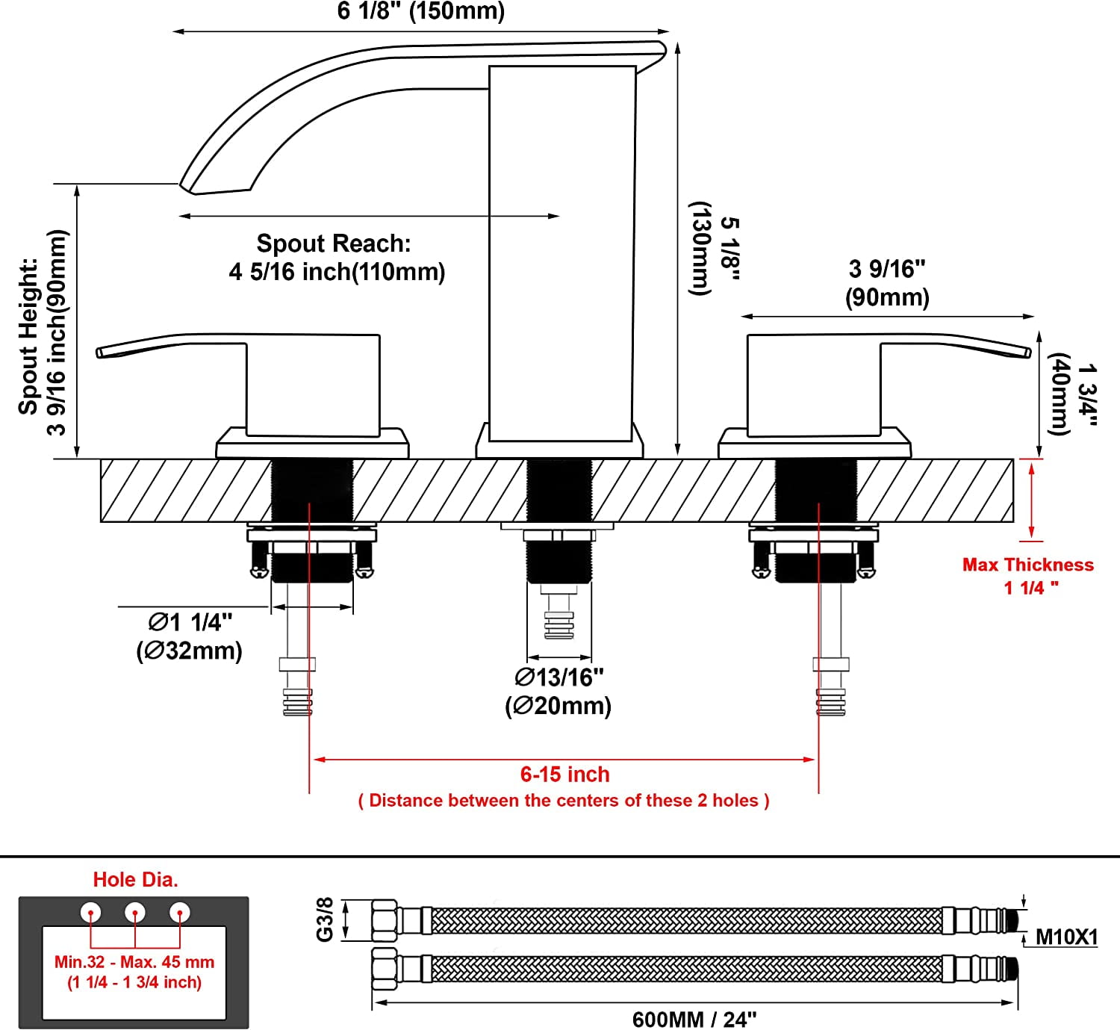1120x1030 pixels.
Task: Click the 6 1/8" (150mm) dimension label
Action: point(421,11)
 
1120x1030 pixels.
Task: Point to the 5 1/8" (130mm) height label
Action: point(715,249)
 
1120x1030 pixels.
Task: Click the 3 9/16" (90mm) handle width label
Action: point(887,283)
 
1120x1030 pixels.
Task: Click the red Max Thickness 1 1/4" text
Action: point(1028,576)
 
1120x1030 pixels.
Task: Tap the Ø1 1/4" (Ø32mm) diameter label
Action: point(189,636)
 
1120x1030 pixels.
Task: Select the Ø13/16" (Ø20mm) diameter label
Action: point(559,692)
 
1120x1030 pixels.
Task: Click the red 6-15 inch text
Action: point(564,775)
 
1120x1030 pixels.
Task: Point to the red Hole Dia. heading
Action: point(136,880)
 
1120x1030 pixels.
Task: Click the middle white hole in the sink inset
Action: point(135,912)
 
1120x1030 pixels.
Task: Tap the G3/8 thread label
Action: point(325,919)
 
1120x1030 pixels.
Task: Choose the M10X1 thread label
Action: point(1067,937)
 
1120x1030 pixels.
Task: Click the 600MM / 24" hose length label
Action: point(694,1020)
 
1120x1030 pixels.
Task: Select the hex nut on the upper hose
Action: point(384,920)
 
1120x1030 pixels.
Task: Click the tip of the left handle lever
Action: point(99,353)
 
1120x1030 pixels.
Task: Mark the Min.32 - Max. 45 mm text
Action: point(134,962)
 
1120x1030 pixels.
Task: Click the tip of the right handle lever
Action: point(1028,352)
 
